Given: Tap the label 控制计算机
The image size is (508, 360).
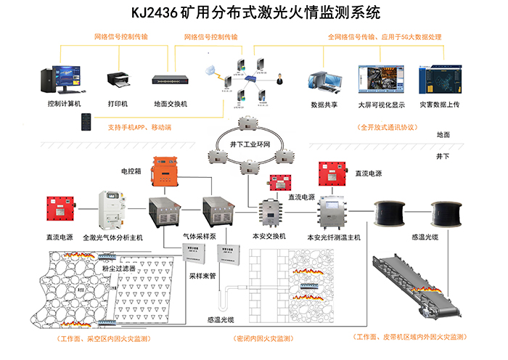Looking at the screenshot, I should pyautogui.click(x=64, y=104).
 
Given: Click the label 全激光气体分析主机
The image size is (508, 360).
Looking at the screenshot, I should pyautogui.click(x=114, y=237).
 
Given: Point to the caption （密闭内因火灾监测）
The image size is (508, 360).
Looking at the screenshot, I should pyautogui.click(x=263, y=338).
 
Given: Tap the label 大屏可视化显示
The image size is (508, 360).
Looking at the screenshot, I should pyautogui.click(x=380, y=104).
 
